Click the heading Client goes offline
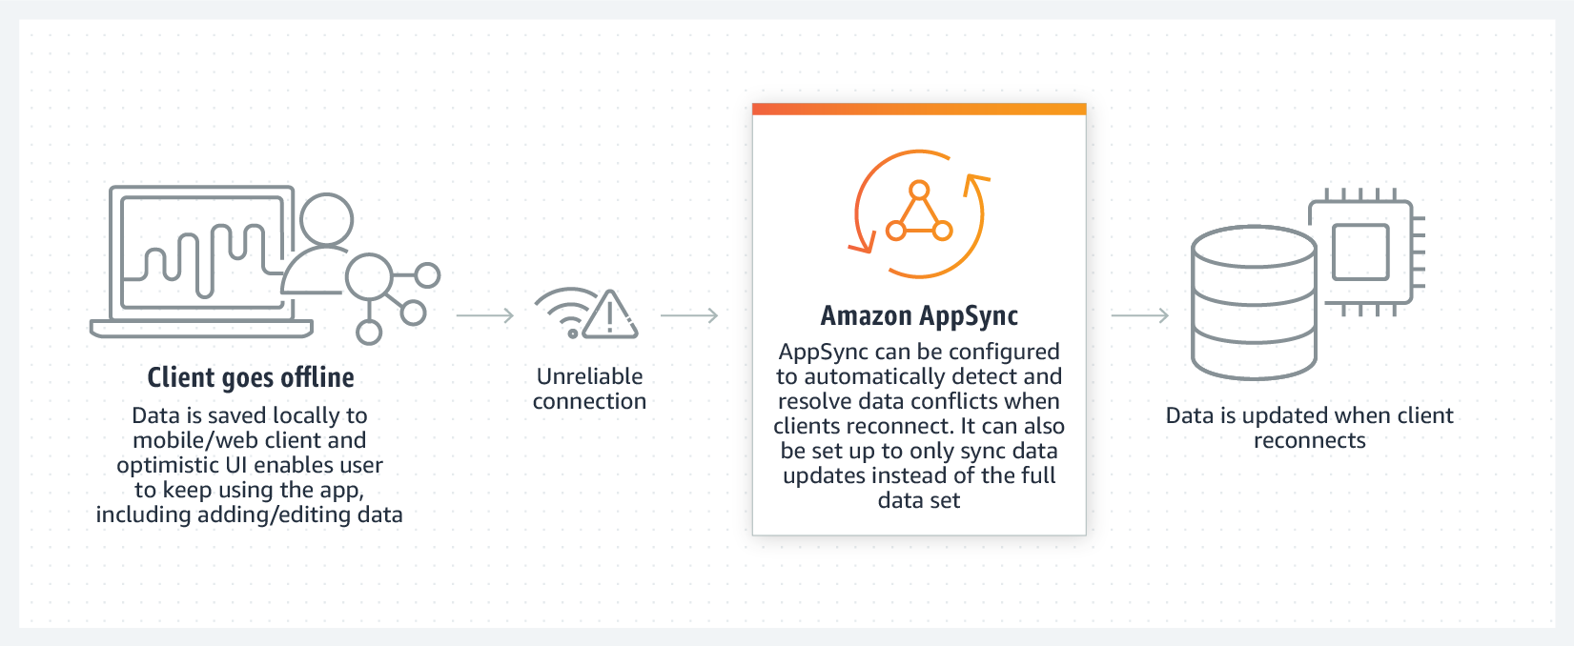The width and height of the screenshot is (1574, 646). click(x=251, y=377)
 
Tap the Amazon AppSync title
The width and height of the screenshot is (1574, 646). click(x=919, y=316)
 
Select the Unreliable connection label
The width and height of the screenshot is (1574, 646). click(x=589, y=389)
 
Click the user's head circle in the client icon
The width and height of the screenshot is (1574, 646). click(x=327, y=219)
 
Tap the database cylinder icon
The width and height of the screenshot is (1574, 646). click(x=1255, y=303)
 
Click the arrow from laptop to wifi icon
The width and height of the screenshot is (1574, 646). click(x=485, y=316)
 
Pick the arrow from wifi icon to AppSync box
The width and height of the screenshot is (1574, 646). click(x=689, y=316)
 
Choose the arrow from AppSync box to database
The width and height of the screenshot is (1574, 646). click(x=1140, y=316)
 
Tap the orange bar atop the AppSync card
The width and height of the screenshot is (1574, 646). click(x=919, y=109)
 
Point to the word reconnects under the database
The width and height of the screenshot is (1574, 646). click(x=1310, y=441)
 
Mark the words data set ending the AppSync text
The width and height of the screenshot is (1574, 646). click(x=919, y=500)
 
